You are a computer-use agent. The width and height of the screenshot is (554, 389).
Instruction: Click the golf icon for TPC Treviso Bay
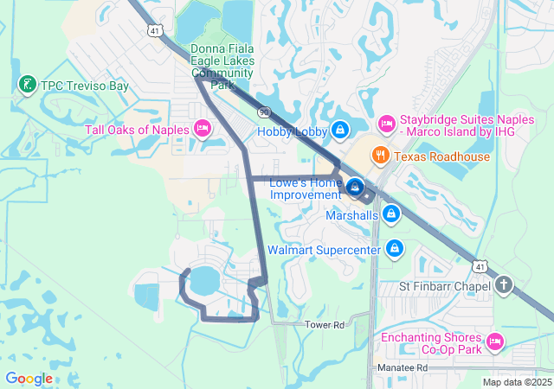coord(27,84)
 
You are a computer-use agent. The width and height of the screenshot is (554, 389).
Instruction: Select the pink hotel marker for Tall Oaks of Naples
coord(203,130)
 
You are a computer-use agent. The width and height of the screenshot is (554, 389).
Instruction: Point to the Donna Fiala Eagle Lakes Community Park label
coord(222,67)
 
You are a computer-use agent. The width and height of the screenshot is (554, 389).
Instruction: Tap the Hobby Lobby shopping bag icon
coord(341,131)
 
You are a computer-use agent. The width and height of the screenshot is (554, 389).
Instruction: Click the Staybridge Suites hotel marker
coord(386,123)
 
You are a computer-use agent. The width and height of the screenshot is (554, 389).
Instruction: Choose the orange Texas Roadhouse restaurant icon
coord(379,156)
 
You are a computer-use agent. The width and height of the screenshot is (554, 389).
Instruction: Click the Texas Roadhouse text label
coord(441,156)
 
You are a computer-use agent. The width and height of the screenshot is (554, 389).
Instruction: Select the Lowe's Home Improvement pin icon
coord(355,186)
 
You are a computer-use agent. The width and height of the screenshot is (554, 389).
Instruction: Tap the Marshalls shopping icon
coord(391,213)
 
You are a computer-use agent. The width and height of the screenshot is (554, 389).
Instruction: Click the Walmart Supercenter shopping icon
coord(395,249)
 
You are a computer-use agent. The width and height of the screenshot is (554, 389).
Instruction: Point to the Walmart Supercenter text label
coord(324,250)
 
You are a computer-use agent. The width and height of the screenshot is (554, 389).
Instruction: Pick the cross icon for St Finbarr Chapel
coord(505,285)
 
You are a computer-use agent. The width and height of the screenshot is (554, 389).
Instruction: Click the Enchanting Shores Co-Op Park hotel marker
coord(494,341)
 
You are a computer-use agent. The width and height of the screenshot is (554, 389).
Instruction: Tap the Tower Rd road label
coord(325,324)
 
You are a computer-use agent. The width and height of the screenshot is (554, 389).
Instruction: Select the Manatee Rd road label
coord(403,367)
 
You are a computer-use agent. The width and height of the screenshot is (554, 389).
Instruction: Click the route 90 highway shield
coord(263,112)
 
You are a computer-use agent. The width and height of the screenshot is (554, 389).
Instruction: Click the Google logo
coord(29,379)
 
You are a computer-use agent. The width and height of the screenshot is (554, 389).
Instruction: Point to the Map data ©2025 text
coord(517,382)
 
